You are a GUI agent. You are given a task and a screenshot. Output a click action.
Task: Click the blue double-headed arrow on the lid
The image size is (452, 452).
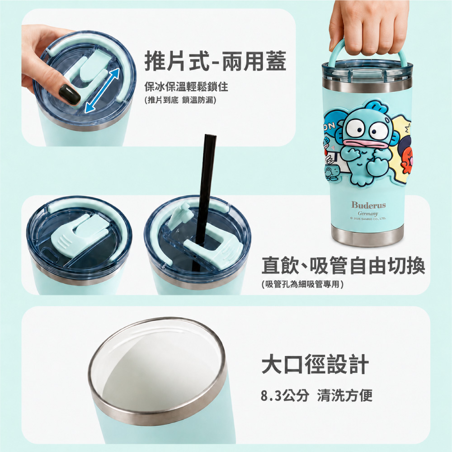coord(102,90)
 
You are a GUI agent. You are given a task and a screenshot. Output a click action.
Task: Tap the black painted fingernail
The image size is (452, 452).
coord(69,94)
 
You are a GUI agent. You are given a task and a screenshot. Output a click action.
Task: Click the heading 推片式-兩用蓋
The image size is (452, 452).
coord(215,61)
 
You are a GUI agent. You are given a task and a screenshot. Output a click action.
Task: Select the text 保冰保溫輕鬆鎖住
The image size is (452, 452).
coord(186,86)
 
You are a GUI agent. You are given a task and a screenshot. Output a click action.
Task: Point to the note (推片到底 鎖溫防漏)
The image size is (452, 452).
coord(180,100)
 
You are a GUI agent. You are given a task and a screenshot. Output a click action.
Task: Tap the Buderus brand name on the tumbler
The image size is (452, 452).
coord(368,205)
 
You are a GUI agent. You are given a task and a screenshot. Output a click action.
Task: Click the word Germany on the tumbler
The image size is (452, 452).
coord(368,214)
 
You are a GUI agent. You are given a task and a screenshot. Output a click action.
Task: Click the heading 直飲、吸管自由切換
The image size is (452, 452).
coord(343,265)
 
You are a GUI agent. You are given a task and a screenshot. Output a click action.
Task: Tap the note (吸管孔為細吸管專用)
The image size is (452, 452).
coord(302,284)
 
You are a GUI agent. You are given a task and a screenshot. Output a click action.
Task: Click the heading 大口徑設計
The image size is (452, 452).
coord(315,364)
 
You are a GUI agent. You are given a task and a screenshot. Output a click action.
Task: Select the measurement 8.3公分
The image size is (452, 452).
coord(285,395)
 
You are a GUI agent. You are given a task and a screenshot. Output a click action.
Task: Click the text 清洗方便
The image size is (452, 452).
coord(345,395)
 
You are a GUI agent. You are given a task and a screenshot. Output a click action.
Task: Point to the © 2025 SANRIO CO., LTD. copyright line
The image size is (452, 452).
coord(368,218)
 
